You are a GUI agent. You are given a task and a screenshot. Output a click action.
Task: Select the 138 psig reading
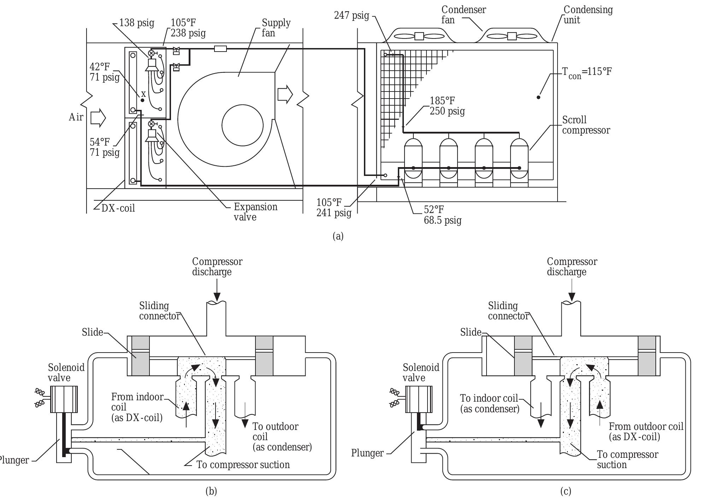137,23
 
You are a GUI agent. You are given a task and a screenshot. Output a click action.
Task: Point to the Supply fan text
276,28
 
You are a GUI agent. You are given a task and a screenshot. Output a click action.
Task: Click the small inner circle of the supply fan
242,125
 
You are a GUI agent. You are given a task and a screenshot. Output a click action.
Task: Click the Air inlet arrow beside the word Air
98,118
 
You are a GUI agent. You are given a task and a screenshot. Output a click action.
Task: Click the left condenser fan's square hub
419,36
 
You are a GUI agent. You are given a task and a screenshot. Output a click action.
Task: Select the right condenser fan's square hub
512,36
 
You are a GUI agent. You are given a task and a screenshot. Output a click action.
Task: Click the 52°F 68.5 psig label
442,215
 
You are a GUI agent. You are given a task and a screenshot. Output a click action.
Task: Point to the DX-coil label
118,208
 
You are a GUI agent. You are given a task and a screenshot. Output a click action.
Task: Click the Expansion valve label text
255,212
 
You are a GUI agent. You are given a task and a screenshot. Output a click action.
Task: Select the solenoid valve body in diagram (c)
419,399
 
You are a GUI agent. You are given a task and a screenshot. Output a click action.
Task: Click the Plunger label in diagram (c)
367,453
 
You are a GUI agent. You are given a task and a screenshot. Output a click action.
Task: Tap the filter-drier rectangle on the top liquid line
220,49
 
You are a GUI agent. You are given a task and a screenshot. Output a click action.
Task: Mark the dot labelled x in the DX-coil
142,100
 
